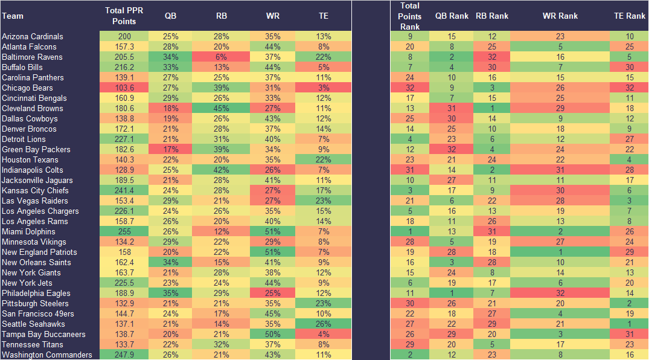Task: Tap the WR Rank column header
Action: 560,16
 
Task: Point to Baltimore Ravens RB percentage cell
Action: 222,57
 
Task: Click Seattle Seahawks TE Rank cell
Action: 628,324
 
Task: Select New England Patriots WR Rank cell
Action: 560,252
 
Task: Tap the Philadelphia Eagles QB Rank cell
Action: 450,294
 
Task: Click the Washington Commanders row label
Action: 47,355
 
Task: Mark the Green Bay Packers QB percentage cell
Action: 171,150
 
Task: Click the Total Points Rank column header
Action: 409,16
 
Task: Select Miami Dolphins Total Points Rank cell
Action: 409,232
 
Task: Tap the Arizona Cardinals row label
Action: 33,37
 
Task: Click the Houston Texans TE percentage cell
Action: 324,160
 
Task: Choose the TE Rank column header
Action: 628,16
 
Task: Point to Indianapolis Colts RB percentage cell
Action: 222,170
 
